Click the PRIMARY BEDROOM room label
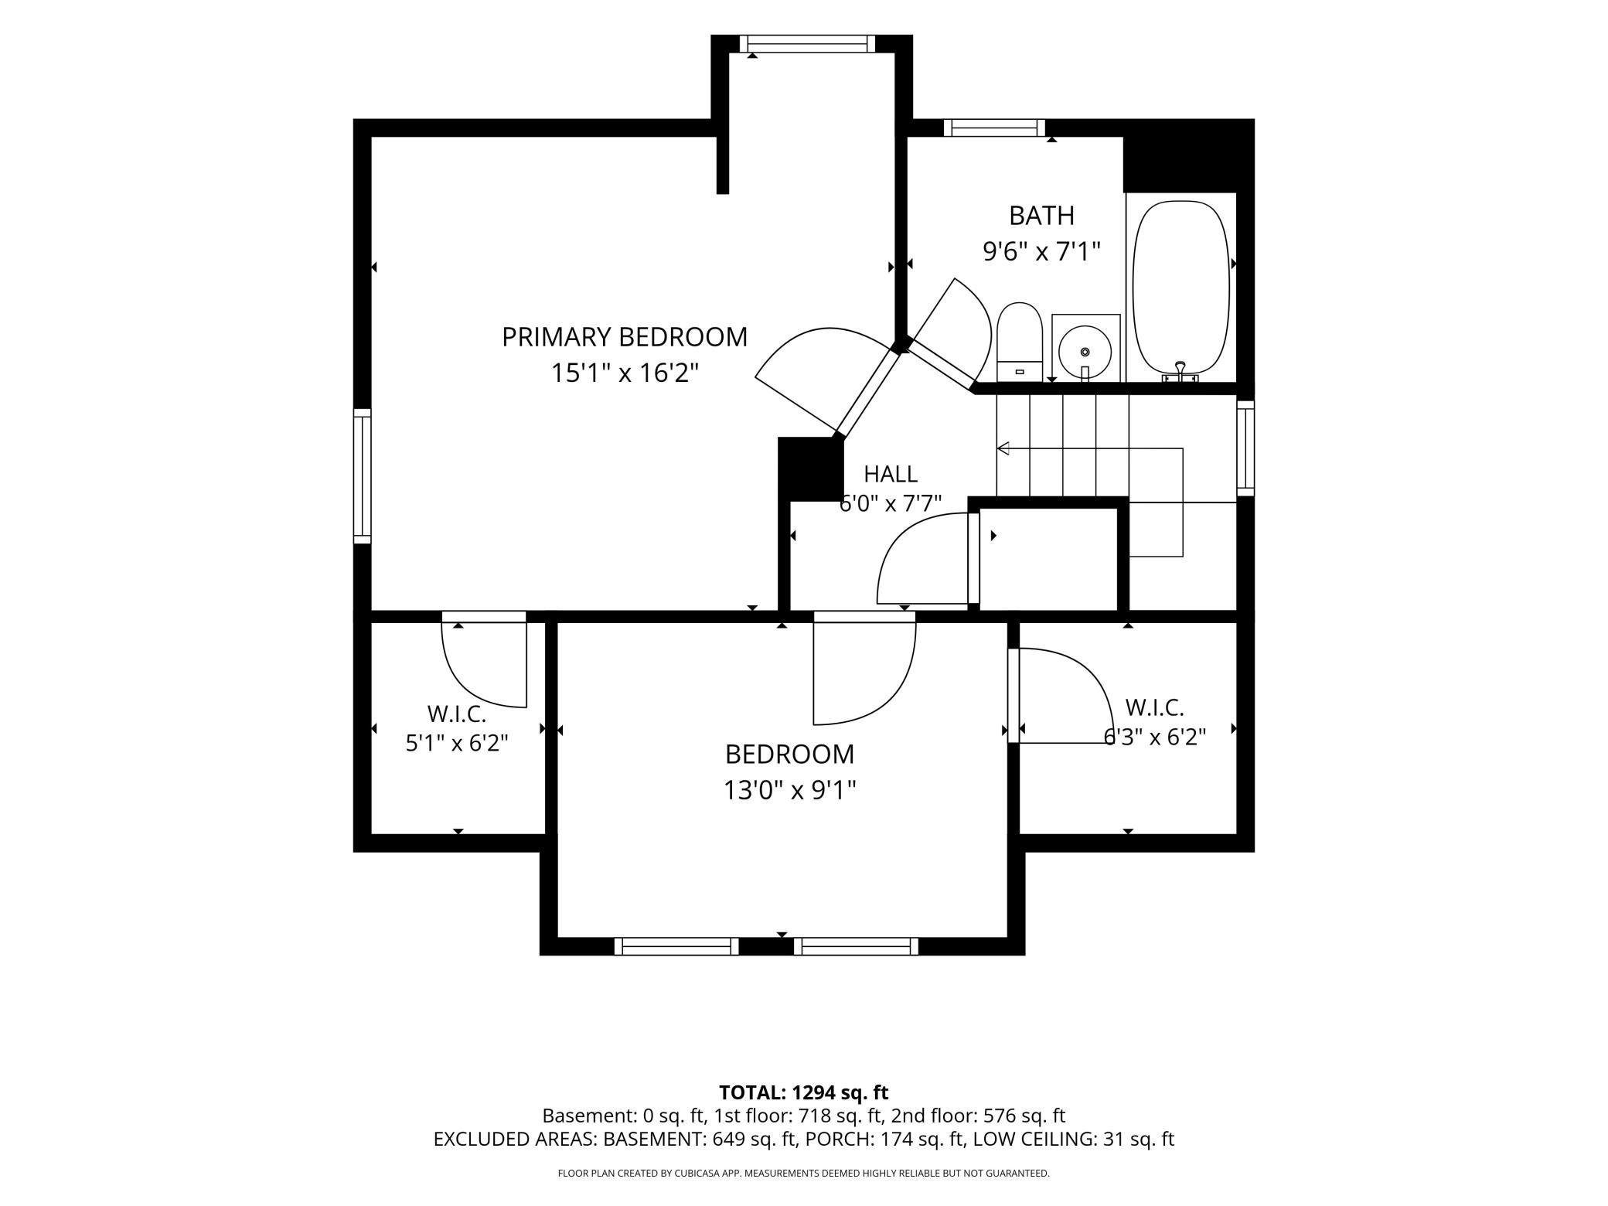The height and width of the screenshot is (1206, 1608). tap(625, 337)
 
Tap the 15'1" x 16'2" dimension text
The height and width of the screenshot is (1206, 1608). tap(625, 373)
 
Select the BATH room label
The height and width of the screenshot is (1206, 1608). tap(1041, 215)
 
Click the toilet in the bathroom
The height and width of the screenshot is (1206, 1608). tap(1020, 342)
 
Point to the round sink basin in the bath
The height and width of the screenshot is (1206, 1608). tap(1085, 353)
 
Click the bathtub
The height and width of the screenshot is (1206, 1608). tap(1180, 291)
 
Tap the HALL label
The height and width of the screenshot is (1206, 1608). tap(891, 473)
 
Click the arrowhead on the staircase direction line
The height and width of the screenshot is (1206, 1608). tap(1003, 448)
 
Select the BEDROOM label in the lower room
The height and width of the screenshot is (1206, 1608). tap(789, 754)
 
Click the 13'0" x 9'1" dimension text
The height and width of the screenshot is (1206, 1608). tap(789, 790)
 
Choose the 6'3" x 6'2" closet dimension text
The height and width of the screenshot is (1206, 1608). tap(1154, 737)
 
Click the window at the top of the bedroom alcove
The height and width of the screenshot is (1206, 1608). tap(807, 44)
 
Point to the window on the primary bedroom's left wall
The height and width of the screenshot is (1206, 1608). tap(363, 475)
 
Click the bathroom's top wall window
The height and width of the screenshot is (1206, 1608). tap(994, 128)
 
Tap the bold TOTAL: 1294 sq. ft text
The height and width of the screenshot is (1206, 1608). tap(804, 1092)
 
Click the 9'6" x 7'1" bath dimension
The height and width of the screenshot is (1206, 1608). tap(1041, 251)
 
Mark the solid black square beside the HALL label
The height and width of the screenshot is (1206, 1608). tap(809, 468)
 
